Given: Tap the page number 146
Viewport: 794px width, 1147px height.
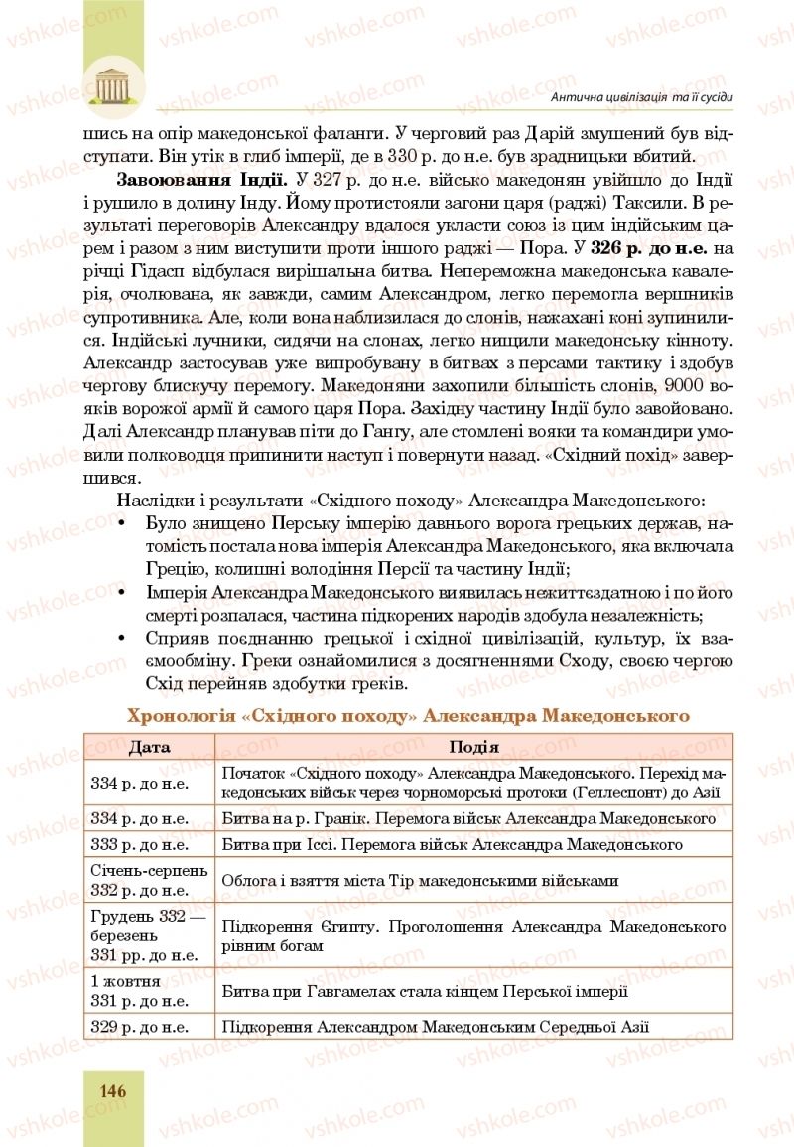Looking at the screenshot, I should (x=112, y=1090).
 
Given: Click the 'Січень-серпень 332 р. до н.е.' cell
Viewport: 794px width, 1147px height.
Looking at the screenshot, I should (x=149, y=880).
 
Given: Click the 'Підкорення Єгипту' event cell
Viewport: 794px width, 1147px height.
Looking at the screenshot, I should (x=474, y=935).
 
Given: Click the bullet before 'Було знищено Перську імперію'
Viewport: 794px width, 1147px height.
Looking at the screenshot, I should (x=122, y=522).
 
